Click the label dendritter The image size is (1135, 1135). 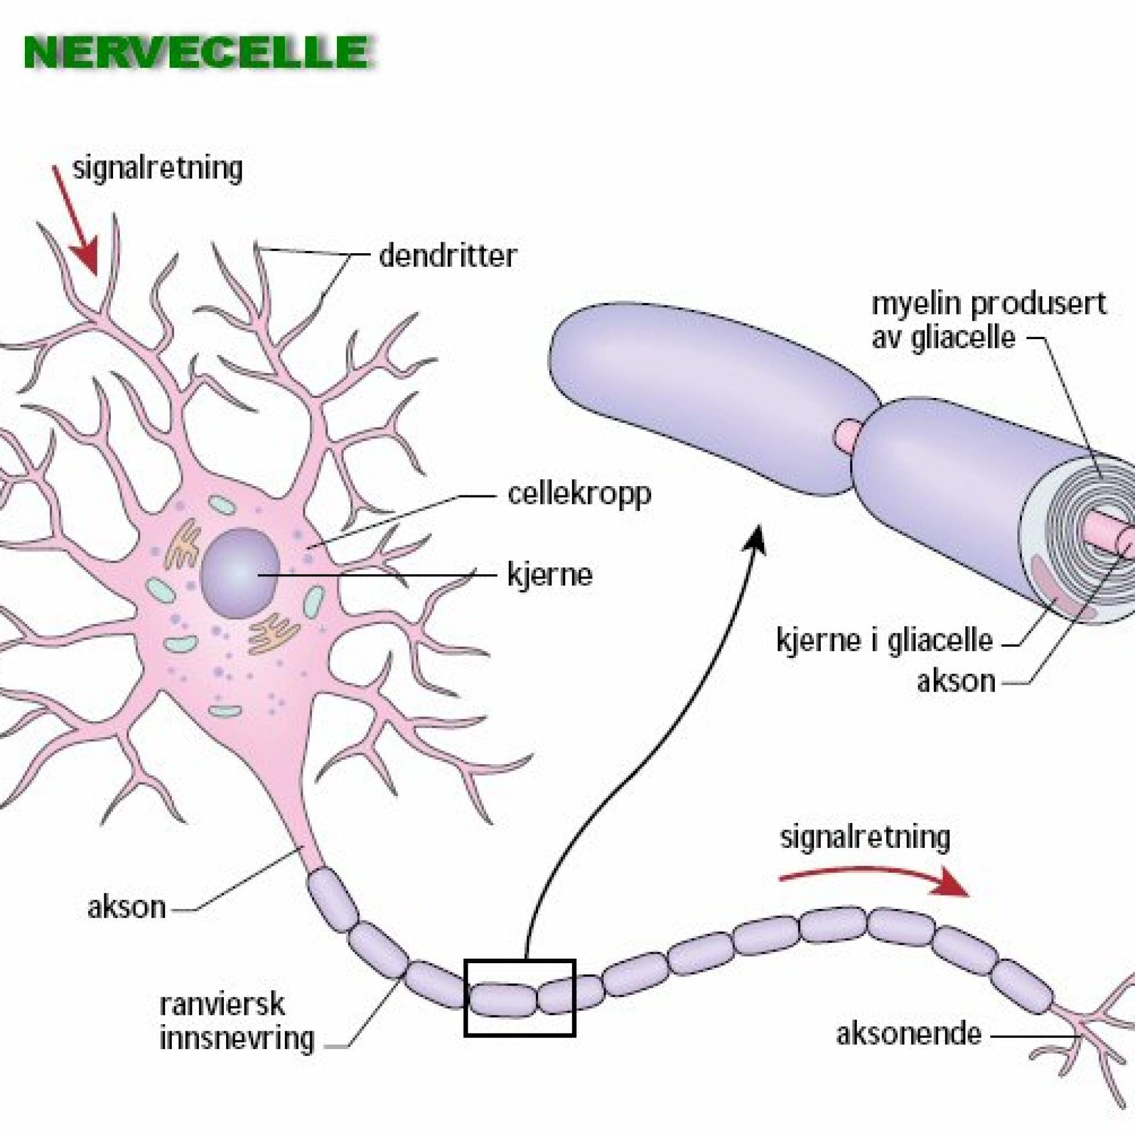pyautogui.click(x=447, y=256)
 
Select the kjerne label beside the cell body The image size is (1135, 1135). pyautogui.click(x=549, y=576)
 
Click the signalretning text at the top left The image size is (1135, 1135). pyautogui.click(x=157, y=169)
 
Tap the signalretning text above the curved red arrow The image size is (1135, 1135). pyautogui.click(x=865, y=838)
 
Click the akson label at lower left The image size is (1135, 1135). pyautogui.click(x=126, y=908)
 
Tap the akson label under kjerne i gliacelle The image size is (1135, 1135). pyautogui.click(x=956, y=681)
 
